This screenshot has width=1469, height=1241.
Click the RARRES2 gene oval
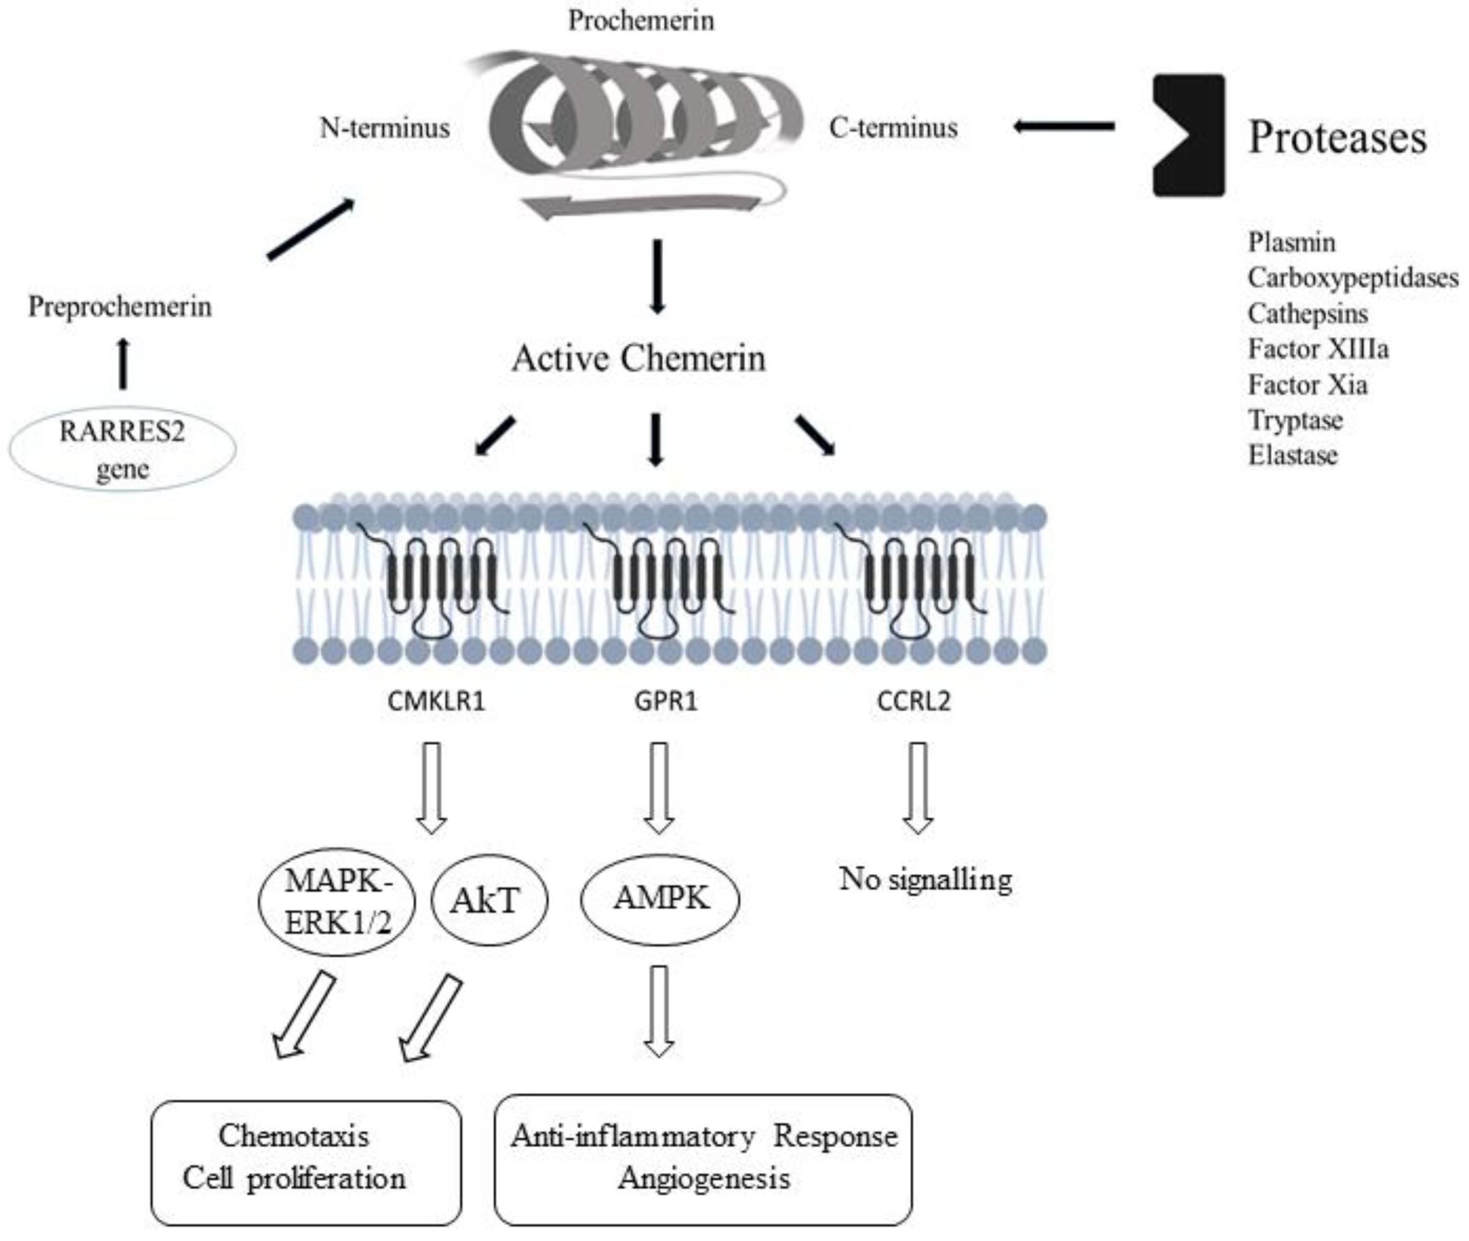click(123, 449)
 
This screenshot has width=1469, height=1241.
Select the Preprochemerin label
click(120, 307)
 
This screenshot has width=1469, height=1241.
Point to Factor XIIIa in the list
click(1317, 349)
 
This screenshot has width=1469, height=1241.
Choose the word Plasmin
click(1291, 243)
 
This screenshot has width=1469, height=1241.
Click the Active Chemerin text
click(638, 358)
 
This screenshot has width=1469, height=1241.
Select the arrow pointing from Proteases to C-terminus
click(1063, 127)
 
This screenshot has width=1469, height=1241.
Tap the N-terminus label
click(385, 128)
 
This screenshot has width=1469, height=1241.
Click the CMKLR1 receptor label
click(436, 701)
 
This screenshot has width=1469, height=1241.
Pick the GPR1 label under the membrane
click(664, 701)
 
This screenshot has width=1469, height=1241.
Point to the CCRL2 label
click(914, 701)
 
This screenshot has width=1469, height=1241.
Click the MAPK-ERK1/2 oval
click(338, 902)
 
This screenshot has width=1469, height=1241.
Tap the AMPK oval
click(659, 899)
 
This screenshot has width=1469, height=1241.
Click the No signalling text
click(925, 879)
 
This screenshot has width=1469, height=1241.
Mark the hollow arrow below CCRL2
click(917, 788)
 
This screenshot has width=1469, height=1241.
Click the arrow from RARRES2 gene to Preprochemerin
click(123, 364)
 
